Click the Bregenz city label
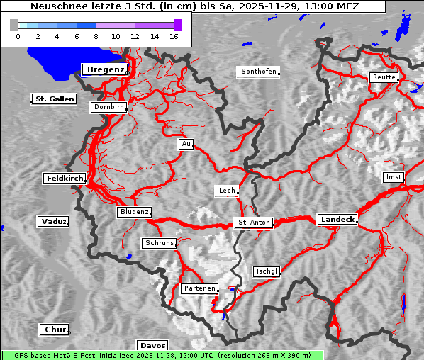click(x=105, y=69)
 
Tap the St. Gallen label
click(x=54, y=99)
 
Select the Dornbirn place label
click(x=109, y=107)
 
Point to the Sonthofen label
click(x=258, y=72)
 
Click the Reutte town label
click(x=384, y=77)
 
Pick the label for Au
click(x=186, y=145)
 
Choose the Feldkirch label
click(x=65, y=179)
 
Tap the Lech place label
click(x=226, y=191)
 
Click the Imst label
click(x=392, y=176)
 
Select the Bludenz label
click(x=134, y=212)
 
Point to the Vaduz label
click(x=53, y=222)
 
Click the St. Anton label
click(x=254, y=223)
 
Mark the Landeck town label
click(x=337, y=220)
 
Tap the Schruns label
click(x=159, y=243)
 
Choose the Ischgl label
click(x=267, y=271)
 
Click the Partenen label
click(x=199, y=288)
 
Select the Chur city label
click(x=54, y=330)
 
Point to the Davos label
click(x=152, y=346)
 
